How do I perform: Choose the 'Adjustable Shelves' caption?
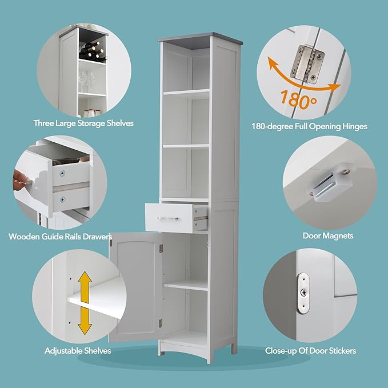coord(78,350)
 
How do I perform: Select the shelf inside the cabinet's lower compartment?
coord(186,284)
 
